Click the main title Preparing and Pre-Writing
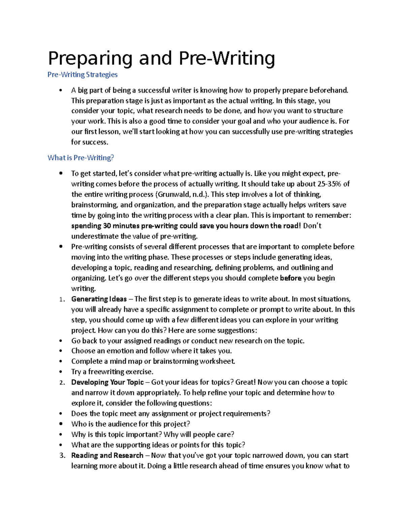161,58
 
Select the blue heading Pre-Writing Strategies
82,74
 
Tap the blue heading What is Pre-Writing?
81,158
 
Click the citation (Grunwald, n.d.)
182,194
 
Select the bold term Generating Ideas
99,299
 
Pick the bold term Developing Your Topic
107,382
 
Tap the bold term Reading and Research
107,455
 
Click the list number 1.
61,299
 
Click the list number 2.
61,383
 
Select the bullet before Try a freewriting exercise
61,372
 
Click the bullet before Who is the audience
61,424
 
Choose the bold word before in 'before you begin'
291,278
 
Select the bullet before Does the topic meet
61,414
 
